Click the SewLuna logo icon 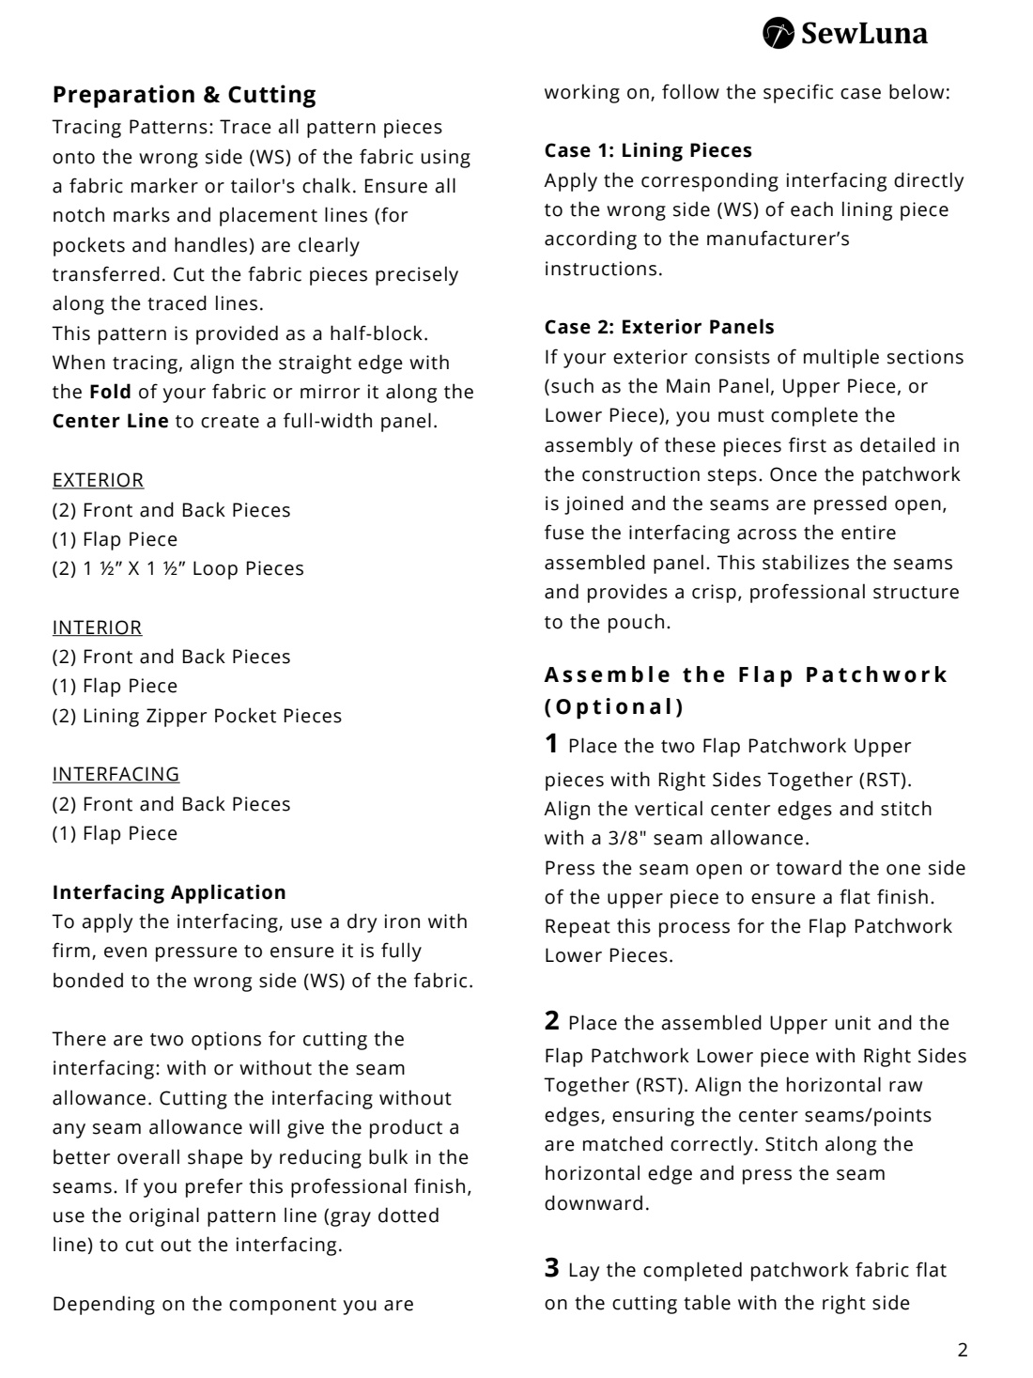click(779, 33)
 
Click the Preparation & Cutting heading click(184, 95)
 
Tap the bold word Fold click(110, 392)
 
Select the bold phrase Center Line click(111, 421)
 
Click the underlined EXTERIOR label click(98, 480)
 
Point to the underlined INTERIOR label click(97, 627)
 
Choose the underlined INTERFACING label click(116, 774)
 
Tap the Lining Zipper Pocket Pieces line click(197, 716)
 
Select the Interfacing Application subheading click(169, 892)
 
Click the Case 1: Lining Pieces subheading click(648, 150)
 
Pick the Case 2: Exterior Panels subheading click(659, 327)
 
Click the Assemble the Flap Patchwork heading click(747, 675)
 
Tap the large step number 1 click(552, 744)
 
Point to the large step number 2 click(552, 1021)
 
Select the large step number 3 click(552, 1268)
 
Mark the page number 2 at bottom click(962, 1352)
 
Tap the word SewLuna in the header click(863, 34)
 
